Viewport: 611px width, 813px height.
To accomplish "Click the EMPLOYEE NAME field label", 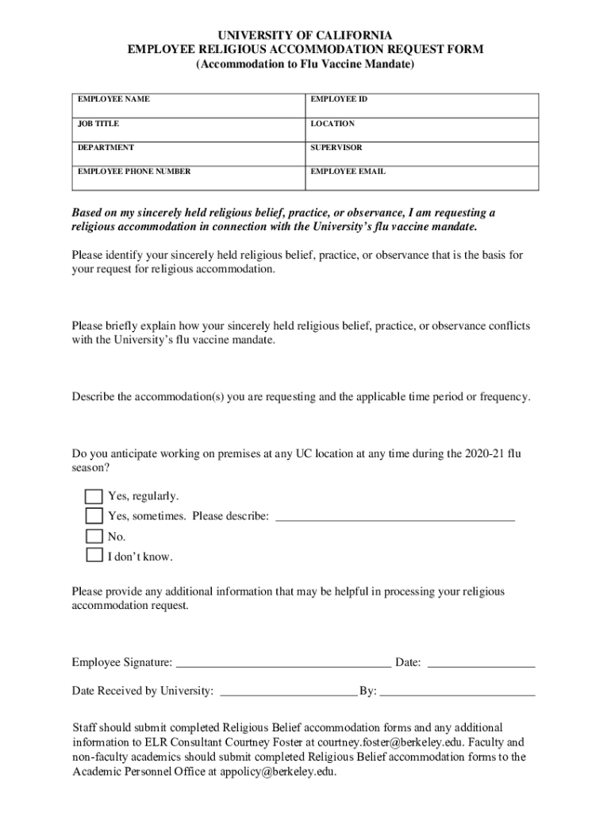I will (x=113, y=100).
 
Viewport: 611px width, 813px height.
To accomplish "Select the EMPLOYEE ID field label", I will (x=339, y=100).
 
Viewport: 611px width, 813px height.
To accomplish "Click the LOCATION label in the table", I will (x=332, y=124).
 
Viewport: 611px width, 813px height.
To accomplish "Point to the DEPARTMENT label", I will (x=106, y=148).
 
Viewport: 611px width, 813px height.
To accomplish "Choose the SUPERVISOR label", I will (x=336, y=148).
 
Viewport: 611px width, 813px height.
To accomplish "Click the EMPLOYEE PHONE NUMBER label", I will (x=134, y=171).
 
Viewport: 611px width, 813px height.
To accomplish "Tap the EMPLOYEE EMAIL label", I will (x=348, y=171).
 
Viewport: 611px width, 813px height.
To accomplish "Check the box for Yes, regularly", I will (x=94, y=497).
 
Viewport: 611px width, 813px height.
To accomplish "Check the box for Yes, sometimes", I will (x=94, y=517).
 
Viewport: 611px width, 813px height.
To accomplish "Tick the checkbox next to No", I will (x=94, y=537).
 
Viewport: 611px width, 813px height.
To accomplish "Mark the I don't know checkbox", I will (x=94, y=556).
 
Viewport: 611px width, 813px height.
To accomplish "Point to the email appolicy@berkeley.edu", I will (x=278, y=771).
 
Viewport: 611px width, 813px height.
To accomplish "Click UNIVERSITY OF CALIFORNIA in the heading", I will (x=305, y=36).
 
